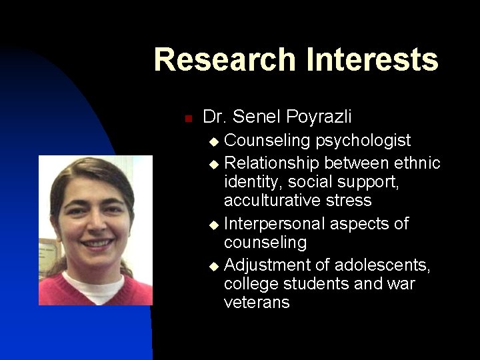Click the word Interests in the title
coord(371,59)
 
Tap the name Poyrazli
coord(319,117)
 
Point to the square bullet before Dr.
coord(188,119)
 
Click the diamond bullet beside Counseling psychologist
coord(213,142)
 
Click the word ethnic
coord(417,163)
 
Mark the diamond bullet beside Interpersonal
coord(213,225)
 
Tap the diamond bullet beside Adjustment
coord(213,266)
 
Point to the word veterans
coord(257,302)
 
